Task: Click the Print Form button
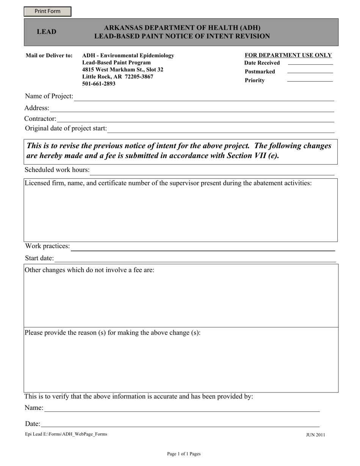pyautogui.click(x=47, y=11)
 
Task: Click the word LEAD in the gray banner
pyautogui.click(x=46, y=32)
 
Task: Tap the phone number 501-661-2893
pyautogui.click(x=99, y=84)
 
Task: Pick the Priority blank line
pyautogui.click(x=310, y=81)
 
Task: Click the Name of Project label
pyautogui.click(x=49, y=96)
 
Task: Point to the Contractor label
pyautogui.click(x=40, y=119)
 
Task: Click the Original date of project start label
pyautogui.click(x=66, y=128)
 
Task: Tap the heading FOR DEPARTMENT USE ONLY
pyautogui.click(x=288, y=55)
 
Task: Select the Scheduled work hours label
pyautogui.click(x=57, y=170)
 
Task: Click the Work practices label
pyautogui.click(x=47, y=246)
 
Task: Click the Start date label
pyautogui.click(x=39, y=258)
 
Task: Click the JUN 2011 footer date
pyautogui.click(x=315, y=435)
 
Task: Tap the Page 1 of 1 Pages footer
pyautogui.click(x=184, y=454)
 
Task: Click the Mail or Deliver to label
pyautogui.click(x=49, y=56)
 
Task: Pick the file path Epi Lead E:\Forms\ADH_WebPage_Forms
pyautogui.click(x=66, y=434)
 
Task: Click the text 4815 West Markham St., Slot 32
pyautogui.click(x=123, y=70)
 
